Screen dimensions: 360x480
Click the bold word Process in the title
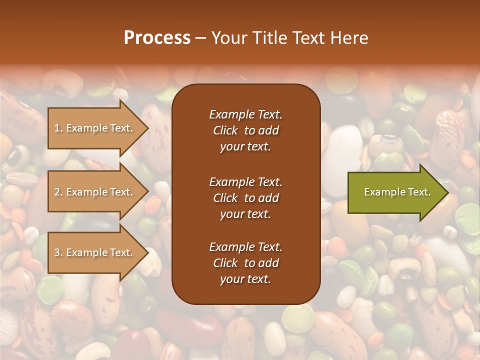(x=157, y=37)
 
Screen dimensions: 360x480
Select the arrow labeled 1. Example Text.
(x=95, y=128)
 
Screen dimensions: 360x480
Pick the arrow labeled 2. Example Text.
(x=95, y=192)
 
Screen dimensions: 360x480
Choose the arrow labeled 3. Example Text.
(x=95, y=252)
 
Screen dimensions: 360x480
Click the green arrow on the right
(x=395, y=192)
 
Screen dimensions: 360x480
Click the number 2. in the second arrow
(x=58, y=192)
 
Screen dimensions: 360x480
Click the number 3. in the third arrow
(x=58, y=252)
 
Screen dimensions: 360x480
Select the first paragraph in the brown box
(x=245, y=130)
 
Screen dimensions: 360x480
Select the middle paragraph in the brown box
(x=245, y=198)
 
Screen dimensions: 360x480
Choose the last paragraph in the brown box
(x=245, y=263)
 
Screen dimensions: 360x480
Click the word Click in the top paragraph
(x=225, y=130)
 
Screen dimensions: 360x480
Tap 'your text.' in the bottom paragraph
(x=245, y=279)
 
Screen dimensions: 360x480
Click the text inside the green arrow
(x=397, y=192)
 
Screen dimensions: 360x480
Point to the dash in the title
(x=200, y=38)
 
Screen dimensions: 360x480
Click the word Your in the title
(x=228, y=37)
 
